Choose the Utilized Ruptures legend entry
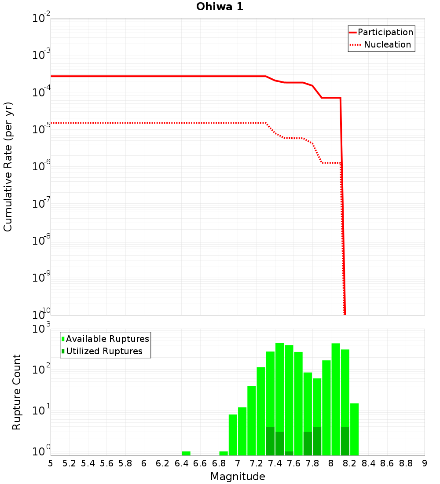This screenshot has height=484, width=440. [104, 351]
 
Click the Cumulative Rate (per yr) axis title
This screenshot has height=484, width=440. [8, 167]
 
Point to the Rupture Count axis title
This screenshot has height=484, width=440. [17, 392]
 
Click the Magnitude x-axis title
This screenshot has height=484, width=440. [238, 477]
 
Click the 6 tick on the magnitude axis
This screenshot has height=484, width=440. [144, 463]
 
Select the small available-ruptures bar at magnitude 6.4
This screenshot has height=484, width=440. [186, 453]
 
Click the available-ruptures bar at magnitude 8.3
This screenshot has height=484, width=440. [354, 429]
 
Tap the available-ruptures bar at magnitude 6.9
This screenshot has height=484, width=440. [224, 453]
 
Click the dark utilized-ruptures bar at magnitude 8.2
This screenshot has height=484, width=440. [345, 441]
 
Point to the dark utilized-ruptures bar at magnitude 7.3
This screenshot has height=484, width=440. [270, 441]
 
